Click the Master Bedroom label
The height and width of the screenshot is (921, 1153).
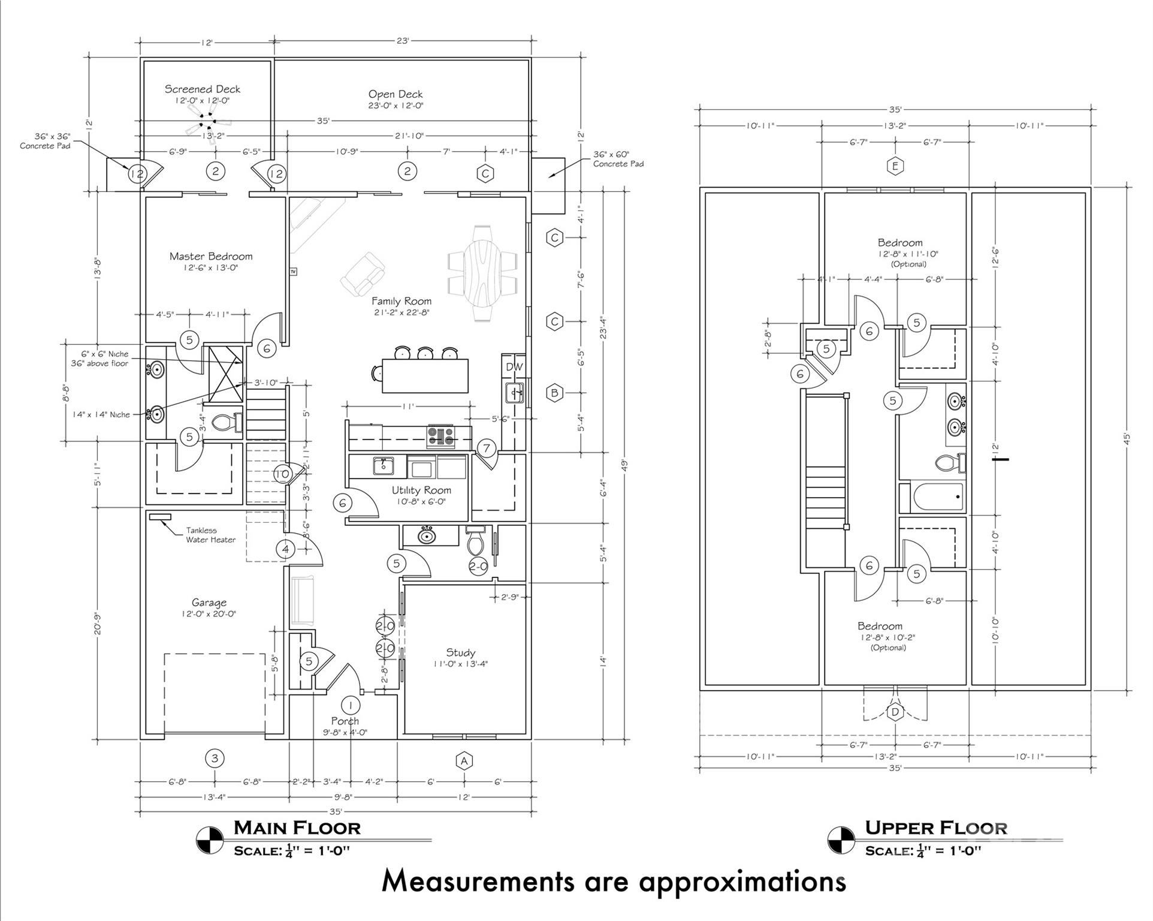tap(210, 257)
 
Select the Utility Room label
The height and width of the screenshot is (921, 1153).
tap(421, 490)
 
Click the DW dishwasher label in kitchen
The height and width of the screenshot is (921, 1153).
tap(514, 366)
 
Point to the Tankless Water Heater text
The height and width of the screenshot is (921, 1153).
tap(210, 535)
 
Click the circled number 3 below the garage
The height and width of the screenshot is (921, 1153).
tap(215, 759)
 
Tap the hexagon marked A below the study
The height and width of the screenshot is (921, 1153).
tap(464, 761)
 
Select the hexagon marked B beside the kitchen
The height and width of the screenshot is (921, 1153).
tap(555, 393)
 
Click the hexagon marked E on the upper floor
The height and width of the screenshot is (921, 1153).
tap(895, 166)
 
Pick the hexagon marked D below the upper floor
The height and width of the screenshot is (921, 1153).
tap(895, 712)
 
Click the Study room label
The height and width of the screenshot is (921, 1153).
tap(460, 652)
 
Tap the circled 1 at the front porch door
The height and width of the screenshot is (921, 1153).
tap(351, 706)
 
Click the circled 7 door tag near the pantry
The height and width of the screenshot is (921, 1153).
tap(487, 448)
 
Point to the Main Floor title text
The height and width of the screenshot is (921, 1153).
tap(297, 828)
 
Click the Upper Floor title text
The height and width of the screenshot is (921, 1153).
tap(936, 828)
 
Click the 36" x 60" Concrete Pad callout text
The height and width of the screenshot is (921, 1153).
tap(618, 159)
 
